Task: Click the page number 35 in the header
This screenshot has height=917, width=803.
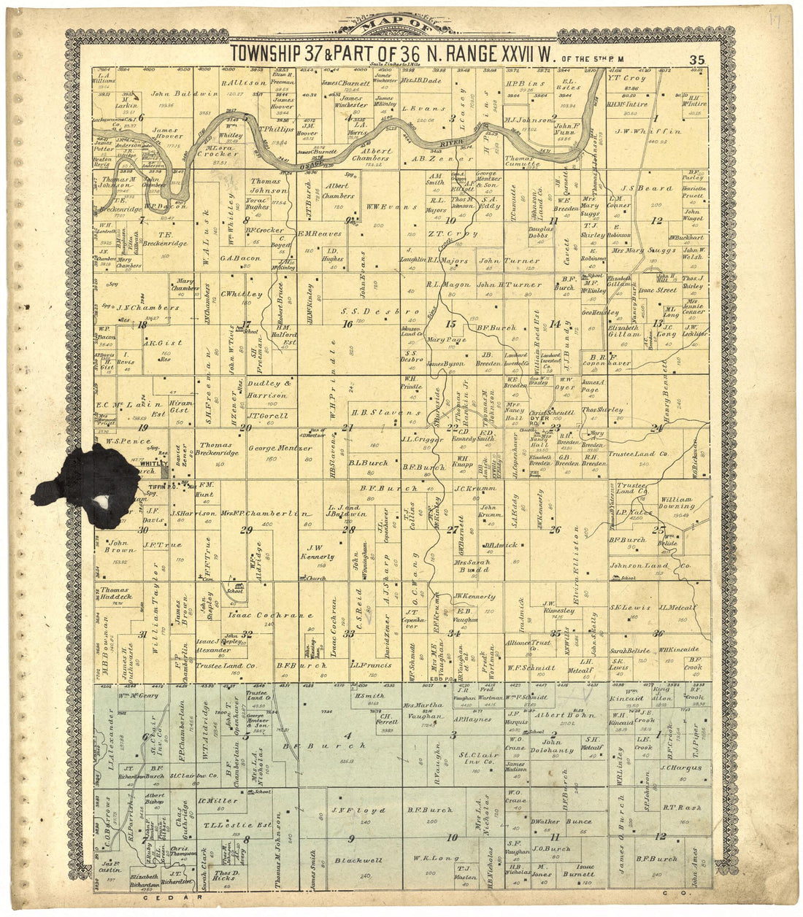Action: click(696, 59)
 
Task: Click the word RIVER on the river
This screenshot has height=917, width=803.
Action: click(457, 136)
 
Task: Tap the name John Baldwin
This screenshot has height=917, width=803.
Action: click(174, 94)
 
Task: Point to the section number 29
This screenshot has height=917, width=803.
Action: click(247, 530)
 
